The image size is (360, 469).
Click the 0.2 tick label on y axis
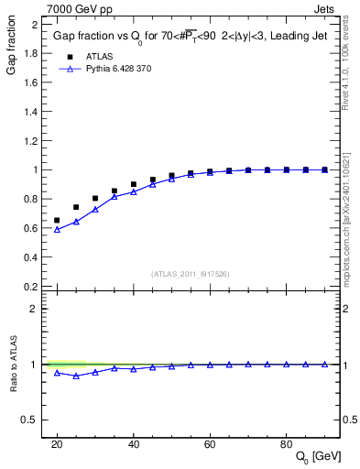(32, 287)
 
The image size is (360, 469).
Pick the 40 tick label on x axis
(134, 443)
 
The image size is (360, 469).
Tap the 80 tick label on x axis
(287, 443)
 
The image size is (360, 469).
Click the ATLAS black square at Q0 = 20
(57, 221)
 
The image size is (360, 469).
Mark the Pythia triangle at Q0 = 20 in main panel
(57, 230)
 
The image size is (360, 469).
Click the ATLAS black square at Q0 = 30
(95, 198)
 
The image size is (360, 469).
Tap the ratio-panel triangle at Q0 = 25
(76, 376)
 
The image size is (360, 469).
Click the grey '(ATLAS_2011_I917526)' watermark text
(189, 273)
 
